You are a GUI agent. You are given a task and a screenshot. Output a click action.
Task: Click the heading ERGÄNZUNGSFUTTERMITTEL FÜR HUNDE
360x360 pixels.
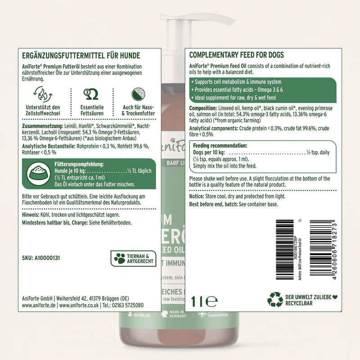[x=81, y=56]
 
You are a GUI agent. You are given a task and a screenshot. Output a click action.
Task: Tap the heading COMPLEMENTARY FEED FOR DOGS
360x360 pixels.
[x=236, y=55]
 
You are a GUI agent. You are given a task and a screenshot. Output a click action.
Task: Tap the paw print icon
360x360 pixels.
[x=119, y=258]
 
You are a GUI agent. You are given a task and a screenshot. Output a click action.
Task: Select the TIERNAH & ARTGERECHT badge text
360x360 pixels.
[x=140, y=258]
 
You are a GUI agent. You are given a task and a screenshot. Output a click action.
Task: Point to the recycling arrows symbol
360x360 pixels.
[x=275, y=299]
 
